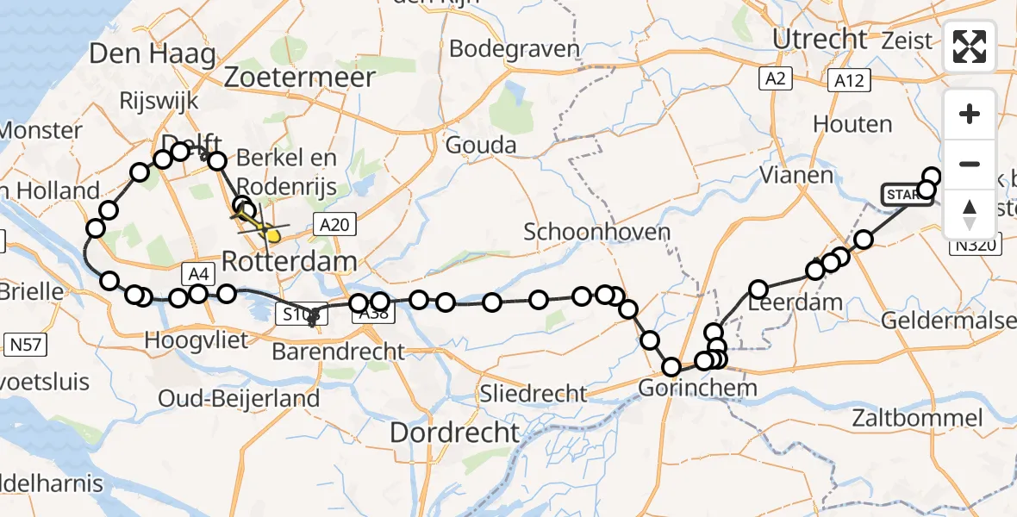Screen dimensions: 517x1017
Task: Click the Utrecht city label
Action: click(x=820, y=39)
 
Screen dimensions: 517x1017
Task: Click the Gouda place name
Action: click(x=483, y=145)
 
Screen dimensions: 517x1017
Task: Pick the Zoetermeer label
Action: click(x=299, y=77)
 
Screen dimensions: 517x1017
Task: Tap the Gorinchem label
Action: click(x=697, y=388)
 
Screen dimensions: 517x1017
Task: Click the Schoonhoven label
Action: click(x=596, y=232)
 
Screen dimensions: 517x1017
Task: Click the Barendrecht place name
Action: click(x=338, y=352)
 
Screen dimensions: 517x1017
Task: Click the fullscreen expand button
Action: click(x=970, y=47)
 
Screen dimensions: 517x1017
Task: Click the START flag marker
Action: click(x=903, y=196)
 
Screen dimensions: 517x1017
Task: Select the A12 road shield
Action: click(x=849, y=80)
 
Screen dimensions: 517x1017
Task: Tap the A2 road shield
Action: click(x=775, y=79)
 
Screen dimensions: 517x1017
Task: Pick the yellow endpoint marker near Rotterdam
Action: click(x=273, y=234)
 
